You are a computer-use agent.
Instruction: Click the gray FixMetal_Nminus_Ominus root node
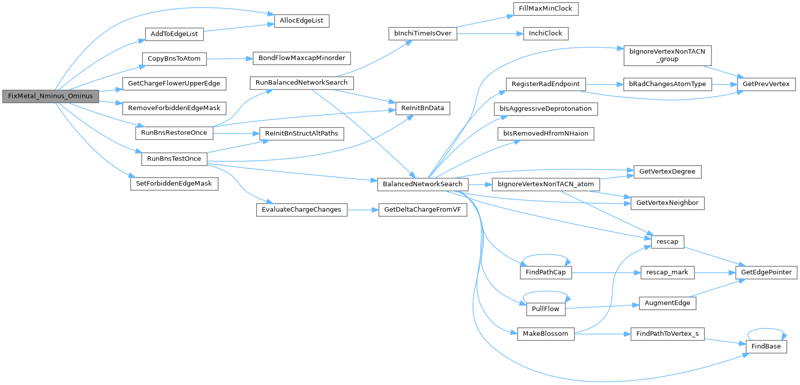[x=51, y=96]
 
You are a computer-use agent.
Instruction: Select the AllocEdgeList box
[x=301, y=21]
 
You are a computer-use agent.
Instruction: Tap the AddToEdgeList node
[x=174, y=34]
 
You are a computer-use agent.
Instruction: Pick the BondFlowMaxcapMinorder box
[x=302, y=58]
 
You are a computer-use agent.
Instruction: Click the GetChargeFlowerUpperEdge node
[x=174, y=84]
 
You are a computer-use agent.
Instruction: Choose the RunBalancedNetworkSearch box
[x=302, y=83]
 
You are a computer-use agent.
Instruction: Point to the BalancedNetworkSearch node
[x=422, y=184]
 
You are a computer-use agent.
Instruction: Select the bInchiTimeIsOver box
[x=423, y=34]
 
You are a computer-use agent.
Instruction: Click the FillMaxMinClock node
[x=546, y=9]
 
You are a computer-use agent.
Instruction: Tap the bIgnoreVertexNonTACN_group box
[x=667, y=56]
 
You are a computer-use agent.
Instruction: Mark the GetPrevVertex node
[x=766, y=85]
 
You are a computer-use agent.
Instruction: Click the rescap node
[x=667, y=242]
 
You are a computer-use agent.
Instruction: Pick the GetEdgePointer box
[x=766, y=273]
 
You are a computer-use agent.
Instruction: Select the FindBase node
[x=766, y=347]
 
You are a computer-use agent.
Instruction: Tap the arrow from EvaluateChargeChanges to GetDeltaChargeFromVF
[x=363, y=210]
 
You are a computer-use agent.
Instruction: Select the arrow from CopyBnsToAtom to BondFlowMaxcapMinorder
[x=230, y=59]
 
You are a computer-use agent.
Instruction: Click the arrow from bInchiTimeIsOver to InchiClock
[x=490, y=34]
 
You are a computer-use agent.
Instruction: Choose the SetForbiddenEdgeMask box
[x=174, y=184]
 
